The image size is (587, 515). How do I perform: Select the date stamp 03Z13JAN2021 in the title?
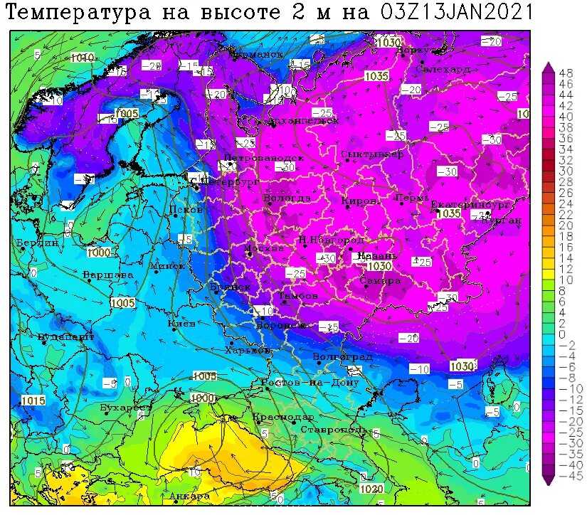(x=456, y=12)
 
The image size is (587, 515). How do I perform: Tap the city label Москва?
(x=264, y=248)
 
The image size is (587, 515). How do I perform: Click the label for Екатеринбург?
(x=470, y=205)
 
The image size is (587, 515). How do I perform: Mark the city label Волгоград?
(x=342, y=356)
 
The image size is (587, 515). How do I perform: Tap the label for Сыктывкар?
(x=371, y=154)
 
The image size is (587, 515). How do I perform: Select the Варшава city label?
(x=107, y=274)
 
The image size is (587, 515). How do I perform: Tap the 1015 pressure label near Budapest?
(x=33, y=400)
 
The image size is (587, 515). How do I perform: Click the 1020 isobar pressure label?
(x=371, y=489)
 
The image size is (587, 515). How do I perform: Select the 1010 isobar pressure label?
(x=82, y=57)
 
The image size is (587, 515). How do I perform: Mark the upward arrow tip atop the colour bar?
(x=548, y=65)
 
